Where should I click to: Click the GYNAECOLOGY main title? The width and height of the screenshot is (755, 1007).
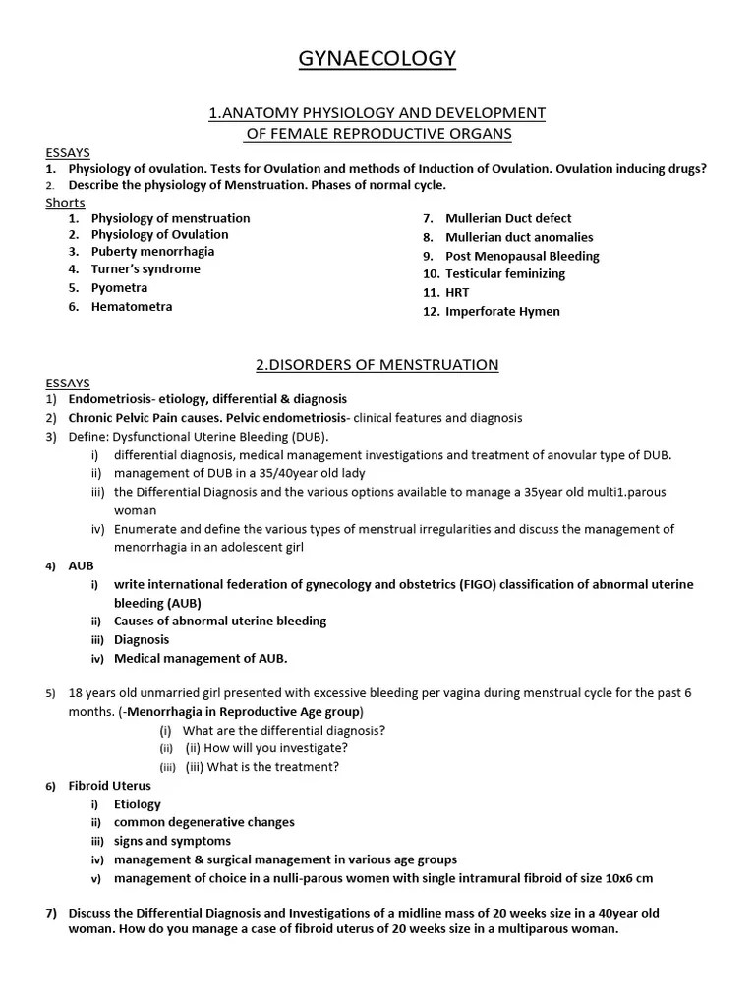pos(377,60)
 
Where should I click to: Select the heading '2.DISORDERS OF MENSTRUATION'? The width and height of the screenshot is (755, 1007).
pos(377,365)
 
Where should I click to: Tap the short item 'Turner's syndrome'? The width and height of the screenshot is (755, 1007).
pos(145,269)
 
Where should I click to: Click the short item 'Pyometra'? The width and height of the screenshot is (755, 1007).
pos(119,288)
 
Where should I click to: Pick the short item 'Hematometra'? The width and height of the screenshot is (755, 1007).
pos(132,307)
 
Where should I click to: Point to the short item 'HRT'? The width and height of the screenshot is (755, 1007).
pos(457,293)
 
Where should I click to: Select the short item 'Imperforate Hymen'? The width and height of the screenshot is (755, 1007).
pos(502,312)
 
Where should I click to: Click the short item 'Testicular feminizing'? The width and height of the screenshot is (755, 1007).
pos(505,274)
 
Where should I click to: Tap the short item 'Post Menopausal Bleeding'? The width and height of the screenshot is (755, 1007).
pos(522,256)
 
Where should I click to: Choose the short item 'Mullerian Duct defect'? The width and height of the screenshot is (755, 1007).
pos(508,218)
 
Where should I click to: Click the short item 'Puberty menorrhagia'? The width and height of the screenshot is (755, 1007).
pos(152,252)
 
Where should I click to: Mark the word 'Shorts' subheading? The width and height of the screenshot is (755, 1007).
pos(65,203)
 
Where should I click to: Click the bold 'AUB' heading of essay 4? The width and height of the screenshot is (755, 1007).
pos(81,566)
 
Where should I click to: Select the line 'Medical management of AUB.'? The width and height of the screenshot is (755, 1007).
pos(201,659)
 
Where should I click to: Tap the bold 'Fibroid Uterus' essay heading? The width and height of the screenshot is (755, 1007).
pos(110,786)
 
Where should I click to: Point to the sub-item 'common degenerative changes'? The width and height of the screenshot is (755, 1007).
pos(203,822)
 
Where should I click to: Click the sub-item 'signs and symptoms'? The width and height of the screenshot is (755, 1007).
pos(172,841)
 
